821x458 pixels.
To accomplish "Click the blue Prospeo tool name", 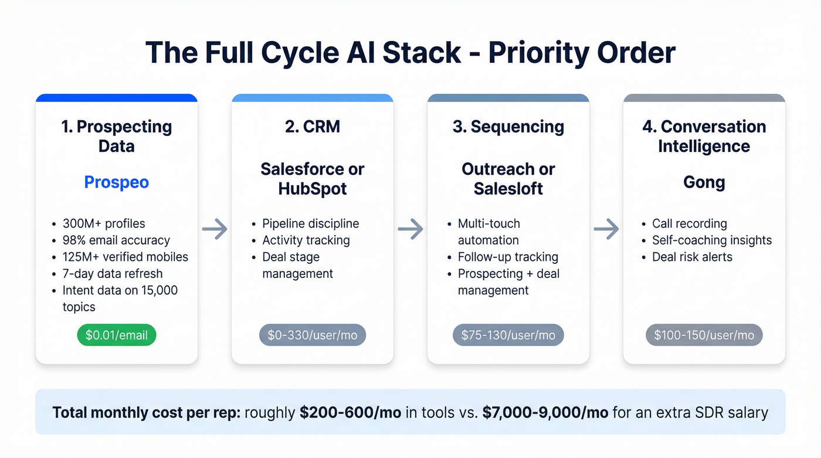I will point(117,182).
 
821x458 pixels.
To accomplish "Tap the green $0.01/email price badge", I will point(117,335).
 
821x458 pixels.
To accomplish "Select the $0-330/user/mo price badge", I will point(312,335).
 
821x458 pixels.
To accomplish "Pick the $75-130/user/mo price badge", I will point(508,335).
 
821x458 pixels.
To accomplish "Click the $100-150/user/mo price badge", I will point(704,335).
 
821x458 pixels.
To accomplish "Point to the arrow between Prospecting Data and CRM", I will point(215,229).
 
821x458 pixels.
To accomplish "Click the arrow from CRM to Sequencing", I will point(410,229).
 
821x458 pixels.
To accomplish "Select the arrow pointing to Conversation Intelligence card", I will point(606,229).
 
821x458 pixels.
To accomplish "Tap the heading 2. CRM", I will point(312,127).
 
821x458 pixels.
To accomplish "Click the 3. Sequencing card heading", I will point(508,127).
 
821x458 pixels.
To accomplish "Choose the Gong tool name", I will point(704,182).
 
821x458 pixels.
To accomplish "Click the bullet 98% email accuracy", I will point(116,240).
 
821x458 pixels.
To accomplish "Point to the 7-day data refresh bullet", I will point(113,274).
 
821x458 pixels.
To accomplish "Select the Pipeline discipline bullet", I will point(310,223).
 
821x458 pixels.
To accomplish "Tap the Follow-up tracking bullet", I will point(508,257).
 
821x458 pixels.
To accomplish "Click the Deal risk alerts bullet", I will point(692,257).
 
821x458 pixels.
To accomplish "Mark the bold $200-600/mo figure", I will point(350,412).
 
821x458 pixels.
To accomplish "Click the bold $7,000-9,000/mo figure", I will point(545,412).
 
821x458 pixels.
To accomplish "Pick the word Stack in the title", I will point(422,53).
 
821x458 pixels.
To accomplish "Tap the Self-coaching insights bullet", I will point(711,240).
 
